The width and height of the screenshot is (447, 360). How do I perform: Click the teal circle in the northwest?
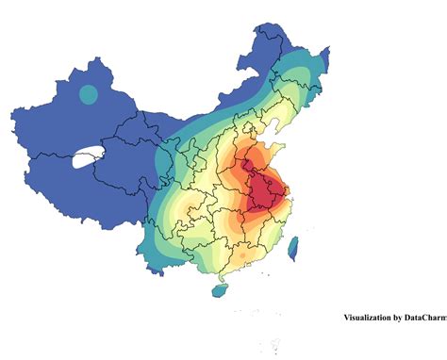[x=88, y=94]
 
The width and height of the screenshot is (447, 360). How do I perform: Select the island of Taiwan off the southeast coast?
[x=291, y=249]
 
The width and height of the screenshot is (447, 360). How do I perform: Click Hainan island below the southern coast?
[x=219, y=291]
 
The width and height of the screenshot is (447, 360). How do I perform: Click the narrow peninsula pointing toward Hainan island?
[x=223, y=277]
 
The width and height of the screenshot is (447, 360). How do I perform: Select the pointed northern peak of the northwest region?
[x=95, y=58]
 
